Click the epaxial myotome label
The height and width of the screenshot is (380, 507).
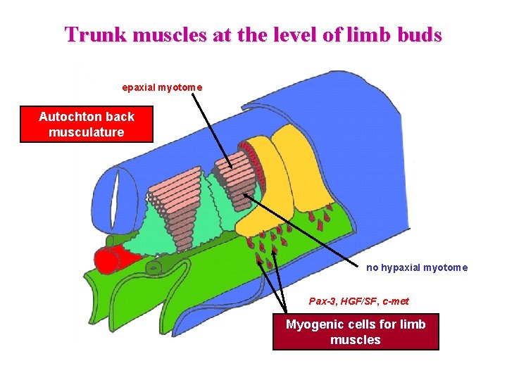coord(162,87)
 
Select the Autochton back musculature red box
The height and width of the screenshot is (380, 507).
coord(87,124)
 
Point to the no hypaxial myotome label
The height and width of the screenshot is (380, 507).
coord(417,267)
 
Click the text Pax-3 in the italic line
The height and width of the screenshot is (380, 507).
coord(323,301)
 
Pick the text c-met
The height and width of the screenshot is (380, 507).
coord(396,301)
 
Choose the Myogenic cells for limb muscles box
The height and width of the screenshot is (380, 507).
coord(356,332)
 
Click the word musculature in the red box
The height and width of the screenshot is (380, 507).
coord(87,132)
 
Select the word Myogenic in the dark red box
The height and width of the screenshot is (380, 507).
coord(315,324)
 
